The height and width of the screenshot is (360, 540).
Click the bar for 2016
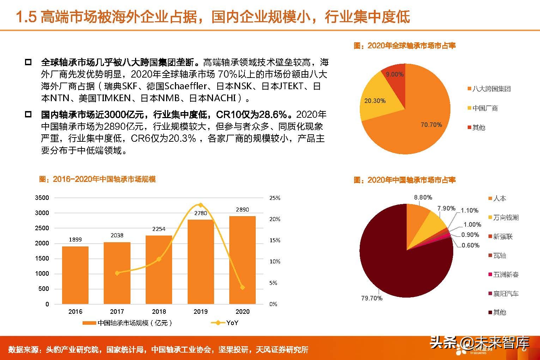(75, 275)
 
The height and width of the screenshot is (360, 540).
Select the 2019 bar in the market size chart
(200, 262)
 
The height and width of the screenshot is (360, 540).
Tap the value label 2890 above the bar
(242, 209)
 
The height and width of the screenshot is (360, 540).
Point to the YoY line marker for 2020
(242, 287)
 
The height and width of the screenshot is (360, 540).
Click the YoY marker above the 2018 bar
(159, 259)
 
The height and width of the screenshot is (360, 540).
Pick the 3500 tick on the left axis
(42, 198)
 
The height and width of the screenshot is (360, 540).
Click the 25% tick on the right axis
(275, 198)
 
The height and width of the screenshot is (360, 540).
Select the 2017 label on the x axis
(117, 312)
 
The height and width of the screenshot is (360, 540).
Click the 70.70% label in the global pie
(431, 125)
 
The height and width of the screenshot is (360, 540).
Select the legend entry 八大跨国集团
(491, 89)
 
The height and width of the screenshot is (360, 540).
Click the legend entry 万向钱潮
(505, 218)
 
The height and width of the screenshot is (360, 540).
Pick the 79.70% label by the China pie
(371, 298)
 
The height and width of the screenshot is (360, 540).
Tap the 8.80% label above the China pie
(423, 197)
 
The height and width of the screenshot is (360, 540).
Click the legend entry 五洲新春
(505, 275)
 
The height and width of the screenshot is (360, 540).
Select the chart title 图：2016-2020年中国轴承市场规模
(97, 179)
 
